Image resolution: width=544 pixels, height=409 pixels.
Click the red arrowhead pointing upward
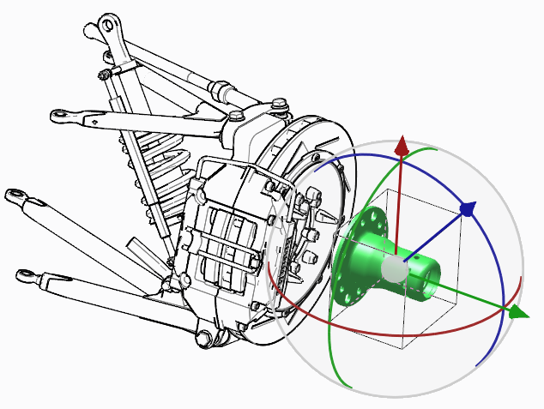point(401,145)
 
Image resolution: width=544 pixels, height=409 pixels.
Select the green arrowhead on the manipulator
point(517,313)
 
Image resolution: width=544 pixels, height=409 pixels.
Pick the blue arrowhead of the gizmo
point(468,208)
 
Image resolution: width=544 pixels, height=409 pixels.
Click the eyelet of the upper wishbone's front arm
point(60,114)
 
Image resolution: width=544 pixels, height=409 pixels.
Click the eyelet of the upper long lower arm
point(15,195)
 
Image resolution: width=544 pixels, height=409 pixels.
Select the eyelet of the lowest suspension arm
point(27,276)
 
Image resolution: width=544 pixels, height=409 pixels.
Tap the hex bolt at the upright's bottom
point(204,340)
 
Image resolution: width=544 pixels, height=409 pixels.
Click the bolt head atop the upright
point(280,105)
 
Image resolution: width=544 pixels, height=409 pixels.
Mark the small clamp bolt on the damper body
point(104,75)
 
